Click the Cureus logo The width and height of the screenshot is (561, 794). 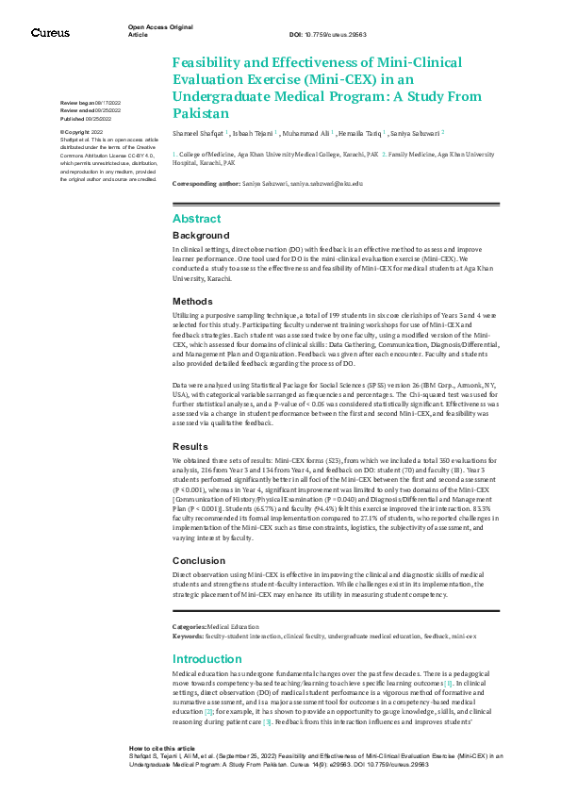(x=50, y=33)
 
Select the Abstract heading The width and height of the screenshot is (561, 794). (x=196, y=219)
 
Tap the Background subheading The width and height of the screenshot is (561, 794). (x=201, y=235)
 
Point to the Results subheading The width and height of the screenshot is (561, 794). (x=191, y=446)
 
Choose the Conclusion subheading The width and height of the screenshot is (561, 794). (x=199, y=560)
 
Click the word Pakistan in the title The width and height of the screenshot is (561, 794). (x=200, y=113)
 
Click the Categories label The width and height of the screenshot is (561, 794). (x=189, y=626)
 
